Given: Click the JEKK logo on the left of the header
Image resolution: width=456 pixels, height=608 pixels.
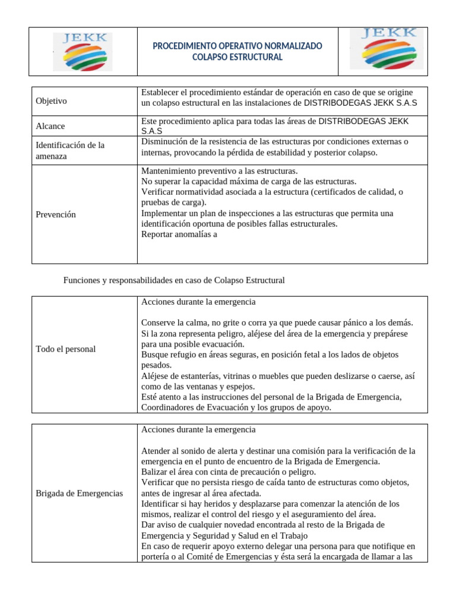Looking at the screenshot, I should [82, 52].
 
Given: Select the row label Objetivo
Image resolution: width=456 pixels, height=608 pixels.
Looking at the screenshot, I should [51, 101].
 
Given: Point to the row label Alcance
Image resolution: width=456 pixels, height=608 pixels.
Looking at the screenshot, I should [50, 126].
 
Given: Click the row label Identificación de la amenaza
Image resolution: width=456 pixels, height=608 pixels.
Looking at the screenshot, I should [70, 150].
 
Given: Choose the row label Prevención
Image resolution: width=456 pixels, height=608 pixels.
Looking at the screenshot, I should [56, 214].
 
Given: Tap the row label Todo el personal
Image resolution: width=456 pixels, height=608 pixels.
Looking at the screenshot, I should [65, 349].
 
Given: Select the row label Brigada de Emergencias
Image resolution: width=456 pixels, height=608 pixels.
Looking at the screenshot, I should [79, 493].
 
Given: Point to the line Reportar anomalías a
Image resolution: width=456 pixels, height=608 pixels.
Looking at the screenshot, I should [179, 234].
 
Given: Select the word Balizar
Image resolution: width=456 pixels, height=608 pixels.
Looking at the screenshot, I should [156, 472].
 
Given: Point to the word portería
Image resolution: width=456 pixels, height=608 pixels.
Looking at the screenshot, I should [157, 557].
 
